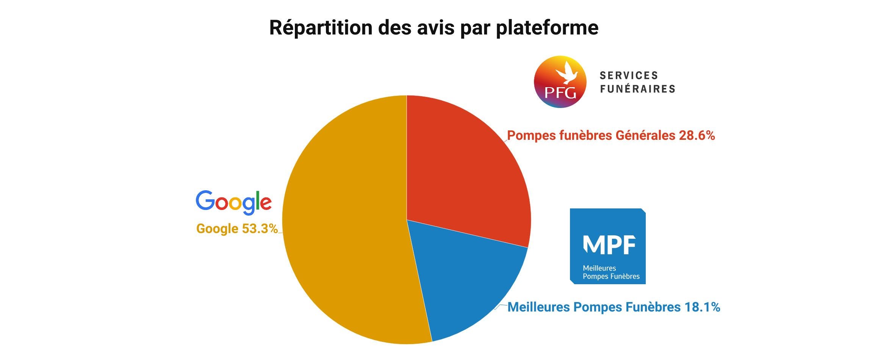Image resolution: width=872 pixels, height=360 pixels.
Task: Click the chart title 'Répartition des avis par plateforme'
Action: coord(434,28)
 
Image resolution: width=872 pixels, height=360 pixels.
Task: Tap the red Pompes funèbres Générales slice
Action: coord(466,171)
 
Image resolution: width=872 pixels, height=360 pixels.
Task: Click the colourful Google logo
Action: coord(233,202)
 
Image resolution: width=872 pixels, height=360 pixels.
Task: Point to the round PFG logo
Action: coord(560,82)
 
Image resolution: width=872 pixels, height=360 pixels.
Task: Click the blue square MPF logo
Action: coord(607,246)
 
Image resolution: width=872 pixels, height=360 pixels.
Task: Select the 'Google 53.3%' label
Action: coord(237,229)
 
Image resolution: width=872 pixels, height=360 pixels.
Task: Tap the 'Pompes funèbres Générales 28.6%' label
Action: coord(611,135)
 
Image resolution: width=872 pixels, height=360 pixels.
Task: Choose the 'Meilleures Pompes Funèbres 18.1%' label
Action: coord(614,307)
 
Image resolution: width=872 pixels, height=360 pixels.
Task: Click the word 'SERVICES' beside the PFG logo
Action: coord(629,75)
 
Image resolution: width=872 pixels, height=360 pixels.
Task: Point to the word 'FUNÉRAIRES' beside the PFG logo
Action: coord(637,89)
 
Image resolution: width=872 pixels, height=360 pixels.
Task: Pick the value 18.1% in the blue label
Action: coord(702,307)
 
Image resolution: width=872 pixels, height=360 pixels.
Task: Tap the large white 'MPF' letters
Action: coord(609,244)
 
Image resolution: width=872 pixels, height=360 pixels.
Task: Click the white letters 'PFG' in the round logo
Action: coord(560,92)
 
